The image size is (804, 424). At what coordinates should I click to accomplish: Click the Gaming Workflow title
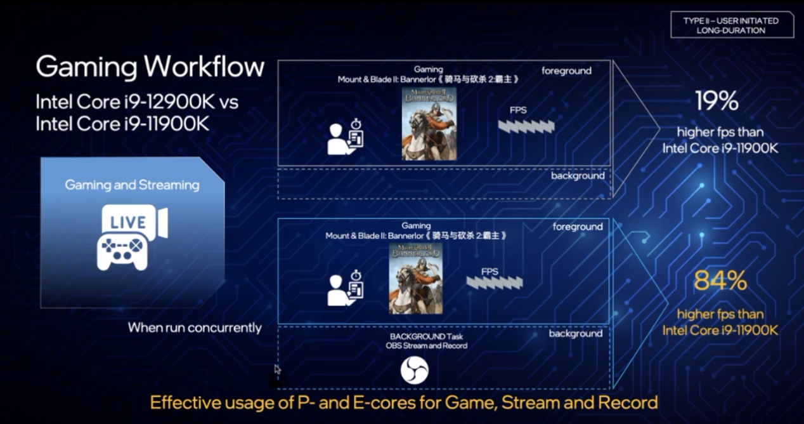tap(150, 67)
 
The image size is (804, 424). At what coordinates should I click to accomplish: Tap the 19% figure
tap(717, 101)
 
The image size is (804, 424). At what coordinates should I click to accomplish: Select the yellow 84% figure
tap(720, 281)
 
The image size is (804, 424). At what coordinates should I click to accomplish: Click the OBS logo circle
tap(415, 371)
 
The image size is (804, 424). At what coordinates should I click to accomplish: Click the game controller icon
tap(122, 251)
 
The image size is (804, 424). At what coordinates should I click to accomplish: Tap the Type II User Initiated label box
tap(732, 25)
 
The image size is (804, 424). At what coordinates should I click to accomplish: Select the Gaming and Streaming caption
tap(132, 185)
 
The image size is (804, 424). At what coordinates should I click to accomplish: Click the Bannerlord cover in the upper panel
tap(429, 124)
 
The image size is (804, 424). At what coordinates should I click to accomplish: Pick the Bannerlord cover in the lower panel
tap(416, 279)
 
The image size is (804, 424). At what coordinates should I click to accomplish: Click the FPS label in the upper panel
tap(518, 110)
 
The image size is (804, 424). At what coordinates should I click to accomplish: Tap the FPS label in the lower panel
tap(490, 272)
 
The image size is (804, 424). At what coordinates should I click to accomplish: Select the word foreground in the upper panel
tap(567, 71)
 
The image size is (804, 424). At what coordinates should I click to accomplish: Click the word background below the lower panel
tap(576, 333)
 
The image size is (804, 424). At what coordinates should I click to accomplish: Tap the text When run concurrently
tap(195, 328)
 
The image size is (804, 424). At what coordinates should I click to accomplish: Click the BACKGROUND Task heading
tap(426, 336)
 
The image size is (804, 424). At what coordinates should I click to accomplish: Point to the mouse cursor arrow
tap(278, 369)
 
